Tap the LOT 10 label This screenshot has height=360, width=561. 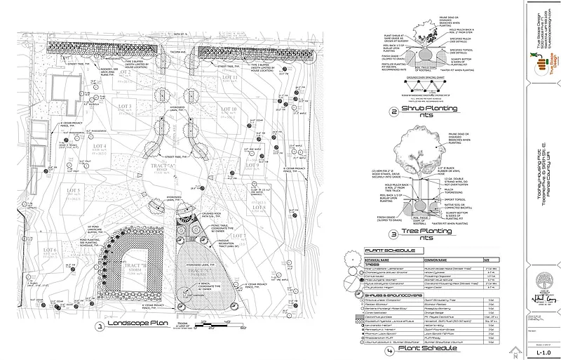click(229, 110)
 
